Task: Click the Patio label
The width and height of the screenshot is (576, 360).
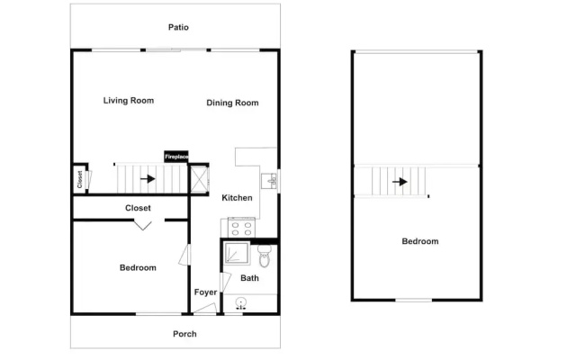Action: point(178,27)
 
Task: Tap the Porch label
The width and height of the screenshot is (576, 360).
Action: point(184,334)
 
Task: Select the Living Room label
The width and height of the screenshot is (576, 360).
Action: point(129,101)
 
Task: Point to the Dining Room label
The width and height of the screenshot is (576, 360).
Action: point(232,103)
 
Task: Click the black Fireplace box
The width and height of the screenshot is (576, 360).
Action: point(176,157)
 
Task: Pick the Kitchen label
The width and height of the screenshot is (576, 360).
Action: point(237,198)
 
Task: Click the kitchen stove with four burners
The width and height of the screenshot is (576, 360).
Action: point(241,228)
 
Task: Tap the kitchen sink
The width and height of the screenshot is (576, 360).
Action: point(270,181)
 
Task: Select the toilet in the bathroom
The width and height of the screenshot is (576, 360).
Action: point(264,256)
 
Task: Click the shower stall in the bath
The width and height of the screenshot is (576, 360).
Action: point(237,253)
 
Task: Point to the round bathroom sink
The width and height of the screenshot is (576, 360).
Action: point(240,303)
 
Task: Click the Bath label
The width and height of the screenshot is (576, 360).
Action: point(250,278)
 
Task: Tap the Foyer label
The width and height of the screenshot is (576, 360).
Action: point(206,292)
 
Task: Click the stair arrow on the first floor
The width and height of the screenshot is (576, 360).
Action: point(148,179)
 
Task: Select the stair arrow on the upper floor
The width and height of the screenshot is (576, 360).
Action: point(400,182)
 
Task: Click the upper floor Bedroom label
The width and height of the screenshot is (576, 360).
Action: point(420,241)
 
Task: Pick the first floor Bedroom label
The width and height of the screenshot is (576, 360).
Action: point(138,268)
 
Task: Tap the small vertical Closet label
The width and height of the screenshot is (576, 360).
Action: point(80,179)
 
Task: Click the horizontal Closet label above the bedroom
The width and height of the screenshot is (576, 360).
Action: point(138,208)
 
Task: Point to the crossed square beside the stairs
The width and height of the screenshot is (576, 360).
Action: point(200,179)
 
